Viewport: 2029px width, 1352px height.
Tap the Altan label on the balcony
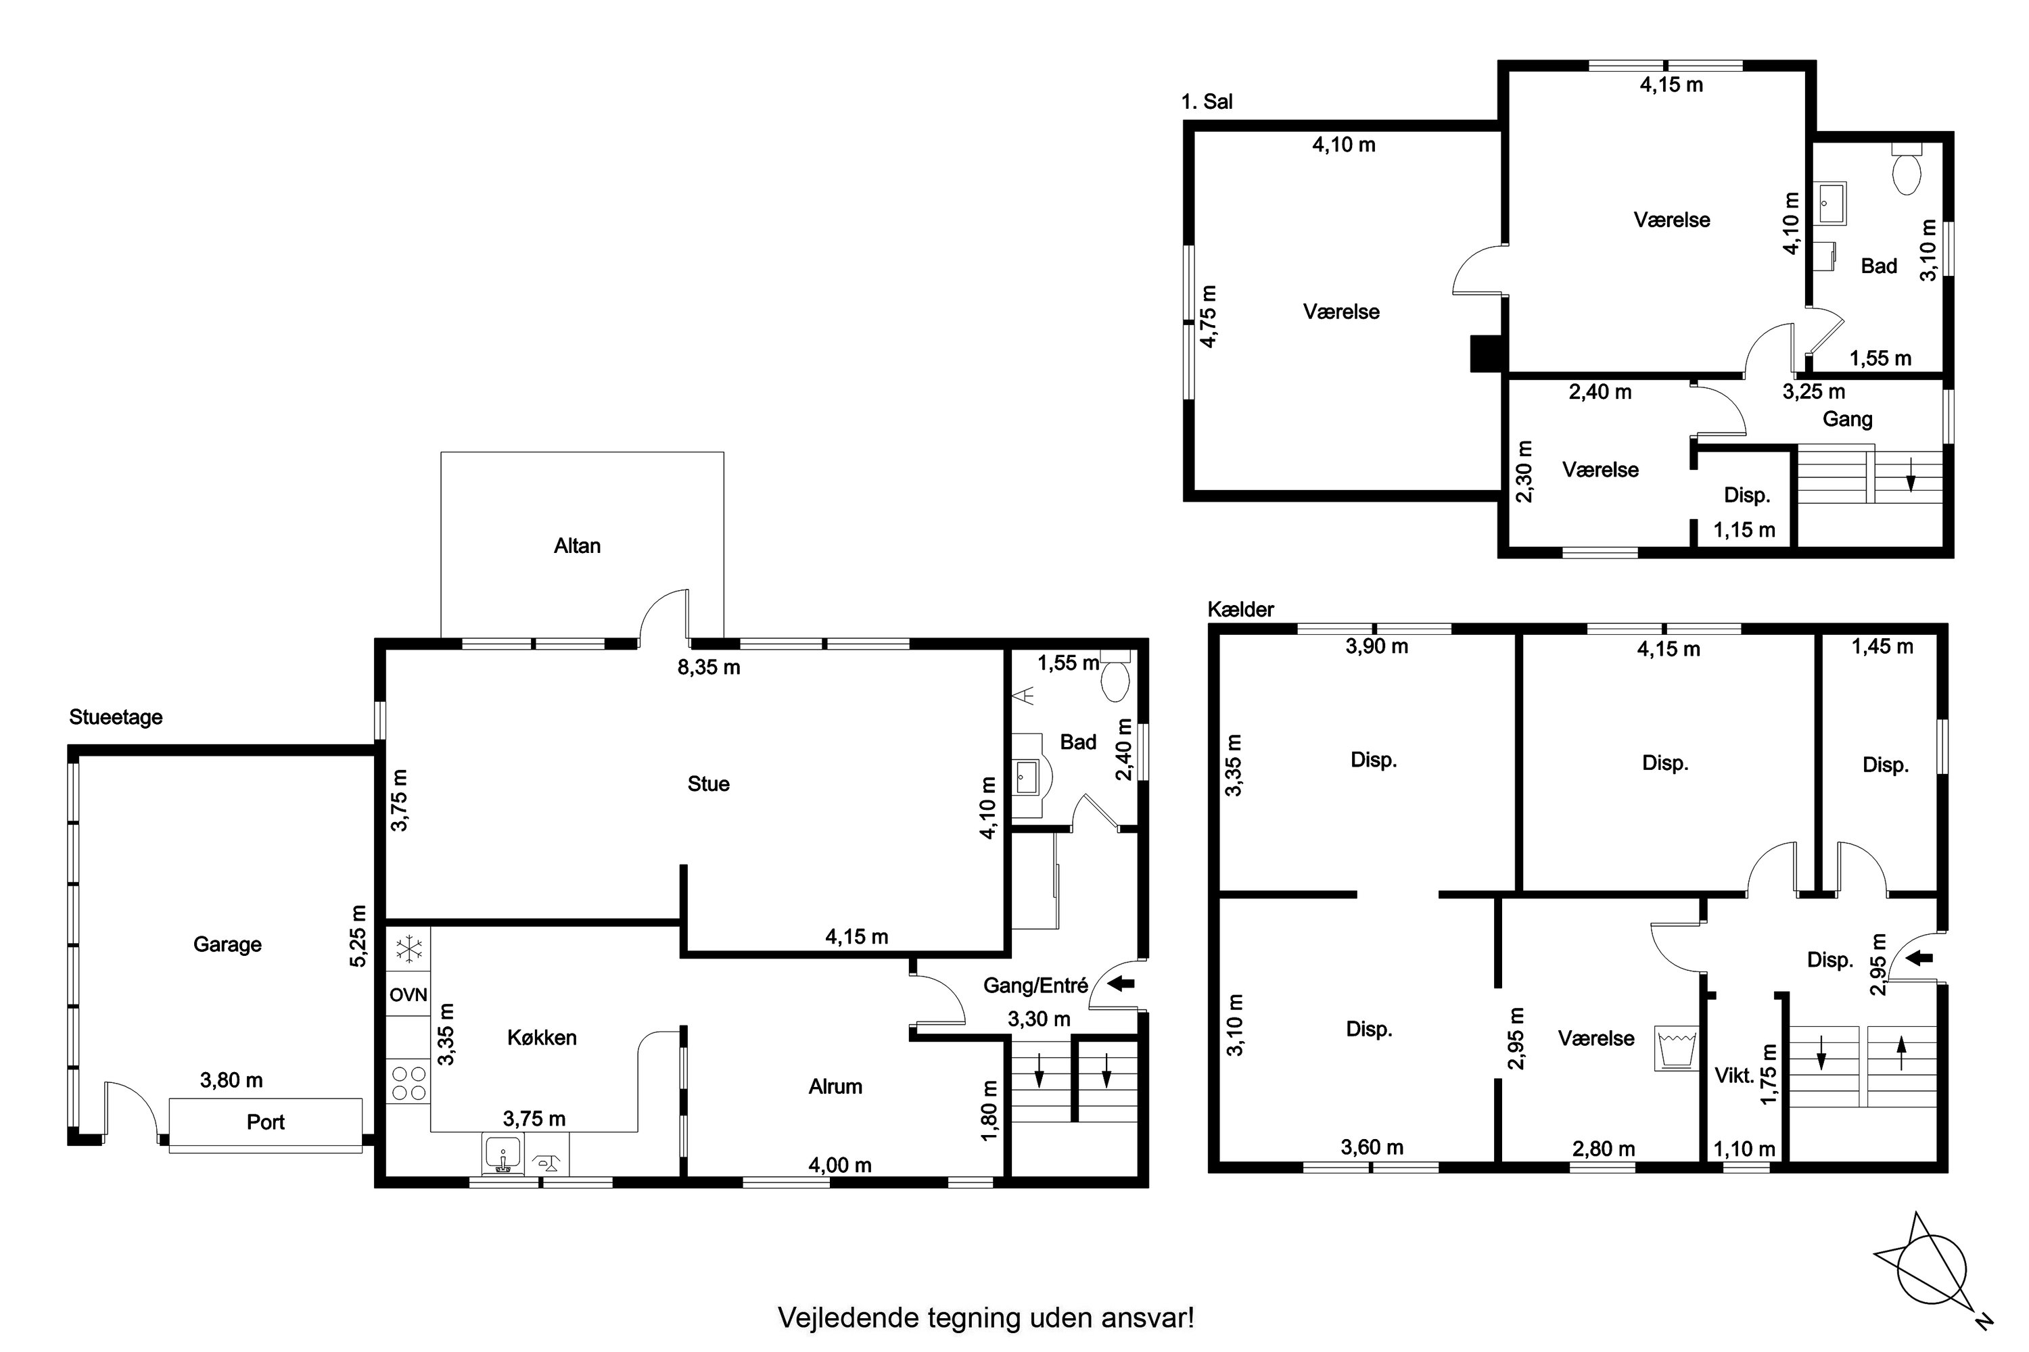577,546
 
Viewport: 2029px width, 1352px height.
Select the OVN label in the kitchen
408,994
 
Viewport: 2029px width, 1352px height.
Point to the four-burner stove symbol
408,1083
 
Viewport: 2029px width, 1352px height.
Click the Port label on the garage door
265,1121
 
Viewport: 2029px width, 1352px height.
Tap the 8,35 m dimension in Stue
709,667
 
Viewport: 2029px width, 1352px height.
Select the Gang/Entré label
1035,986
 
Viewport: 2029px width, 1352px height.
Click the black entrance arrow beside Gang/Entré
1121,983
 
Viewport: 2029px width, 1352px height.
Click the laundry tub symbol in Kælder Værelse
1676,1048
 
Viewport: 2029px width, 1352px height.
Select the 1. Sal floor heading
1207,102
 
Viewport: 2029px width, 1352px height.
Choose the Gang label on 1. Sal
1847,420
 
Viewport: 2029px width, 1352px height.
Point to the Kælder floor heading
1240,610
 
